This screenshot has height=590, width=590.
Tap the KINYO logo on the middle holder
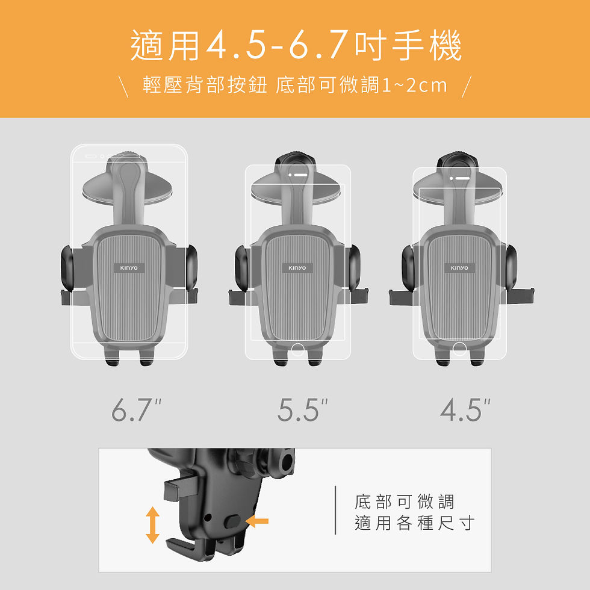[297, 267]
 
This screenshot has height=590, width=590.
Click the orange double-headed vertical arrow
[153, 524]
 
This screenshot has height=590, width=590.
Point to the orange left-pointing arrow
[258, 522]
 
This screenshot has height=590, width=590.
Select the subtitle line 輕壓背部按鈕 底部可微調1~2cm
[295, 85]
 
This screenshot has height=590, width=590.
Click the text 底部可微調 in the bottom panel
[405, 501]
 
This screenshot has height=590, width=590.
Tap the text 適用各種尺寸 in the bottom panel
[414, 524]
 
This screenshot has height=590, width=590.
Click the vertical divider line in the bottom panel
[335, 511]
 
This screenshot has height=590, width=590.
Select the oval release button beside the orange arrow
[235, 521]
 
